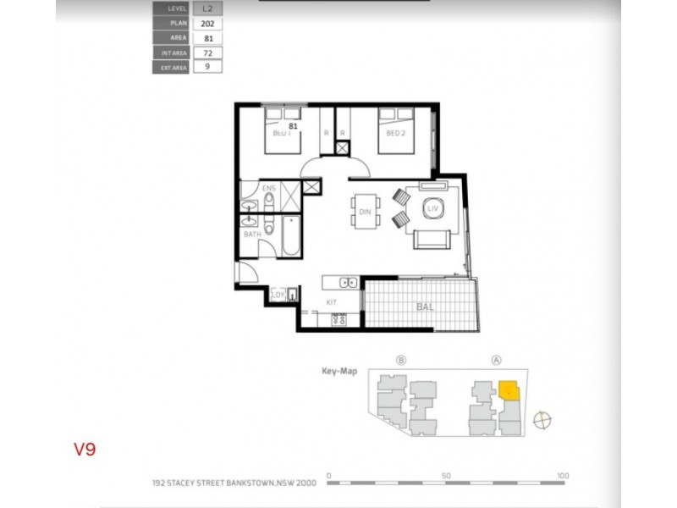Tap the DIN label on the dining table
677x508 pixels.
click(x=366, y=212)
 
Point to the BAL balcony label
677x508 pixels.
click(x=425, y=308)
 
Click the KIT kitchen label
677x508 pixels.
click(x=332, y=301)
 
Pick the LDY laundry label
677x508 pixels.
click(x=276, y=295)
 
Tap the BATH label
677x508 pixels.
click(x=251, y=235)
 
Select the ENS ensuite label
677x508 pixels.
click(x=269, y=188)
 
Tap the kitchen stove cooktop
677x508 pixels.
click(x=338, y=320)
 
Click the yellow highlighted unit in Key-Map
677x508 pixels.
click(x=509, y=390)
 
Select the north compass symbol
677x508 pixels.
click(x=543, y=418)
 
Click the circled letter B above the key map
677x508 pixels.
click(x=401, y=359)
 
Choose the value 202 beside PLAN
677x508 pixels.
click(x=207, y=23)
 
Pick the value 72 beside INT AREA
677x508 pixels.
click(x=207, y=52)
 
